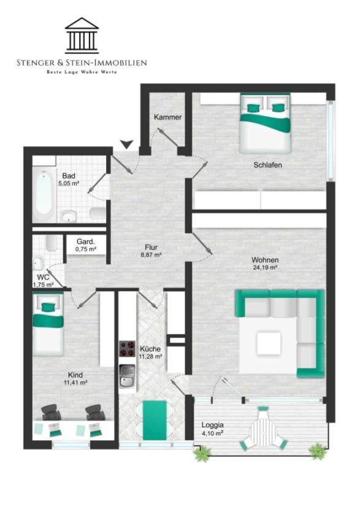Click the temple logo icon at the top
coord(82,36)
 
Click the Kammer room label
coord(167,117)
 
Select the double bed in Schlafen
coord(265,123)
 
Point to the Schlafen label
coord(267,165)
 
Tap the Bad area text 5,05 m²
coord(69,183)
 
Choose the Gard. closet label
coord(86,242)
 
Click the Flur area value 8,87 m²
coord(151,255)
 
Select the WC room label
coord(43,277)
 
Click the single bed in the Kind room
coord(48,324)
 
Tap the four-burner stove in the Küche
coord(127,349)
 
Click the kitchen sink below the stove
coord(127,376)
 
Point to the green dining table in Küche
coord(155,420)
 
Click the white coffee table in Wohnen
coord(269,343)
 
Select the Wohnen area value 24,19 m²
coord(265,268)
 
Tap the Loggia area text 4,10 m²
coord(212,433)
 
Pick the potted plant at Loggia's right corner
coord(317,451)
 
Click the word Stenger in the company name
coord(36,63)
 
